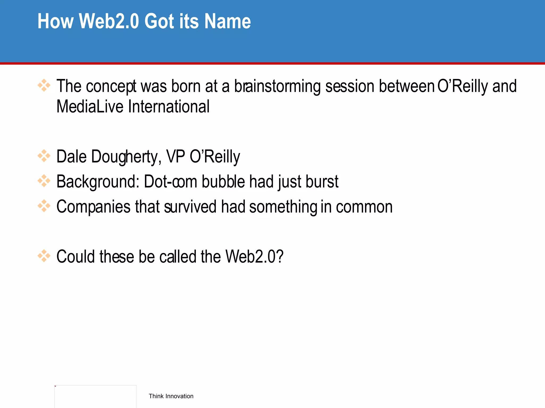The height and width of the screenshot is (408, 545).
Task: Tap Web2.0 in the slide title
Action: [109, 21]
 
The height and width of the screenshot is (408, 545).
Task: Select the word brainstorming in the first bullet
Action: [277, 86]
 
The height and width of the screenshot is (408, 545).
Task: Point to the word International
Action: [169, 107]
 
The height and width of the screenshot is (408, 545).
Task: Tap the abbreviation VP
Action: [175, 156]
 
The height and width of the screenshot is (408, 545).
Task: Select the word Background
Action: [98, 182]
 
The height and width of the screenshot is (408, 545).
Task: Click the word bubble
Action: [223, 182]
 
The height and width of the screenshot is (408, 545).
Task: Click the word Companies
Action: [93, 207]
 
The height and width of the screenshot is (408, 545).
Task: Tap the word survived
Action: [190, 207]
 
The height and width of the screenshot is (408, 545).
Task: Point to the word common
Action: [364, 207]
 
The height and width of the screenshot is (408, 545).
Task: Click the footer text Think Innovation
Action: [171, 396]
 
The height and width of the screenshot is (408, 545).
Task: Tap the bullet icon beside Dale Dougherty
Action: [44, 156]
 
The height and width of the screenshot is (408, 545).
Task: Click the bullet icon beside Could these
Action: [44, 256]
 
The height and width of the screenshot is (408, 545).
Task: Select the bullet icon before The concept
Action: [44, 86]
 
